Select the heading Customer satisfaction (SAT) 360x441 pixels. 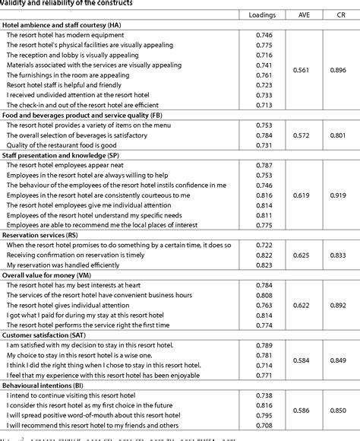53,334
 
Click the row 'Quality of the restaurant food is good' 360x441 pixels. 64,145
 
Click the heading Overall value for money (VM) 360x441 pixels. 55,274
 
